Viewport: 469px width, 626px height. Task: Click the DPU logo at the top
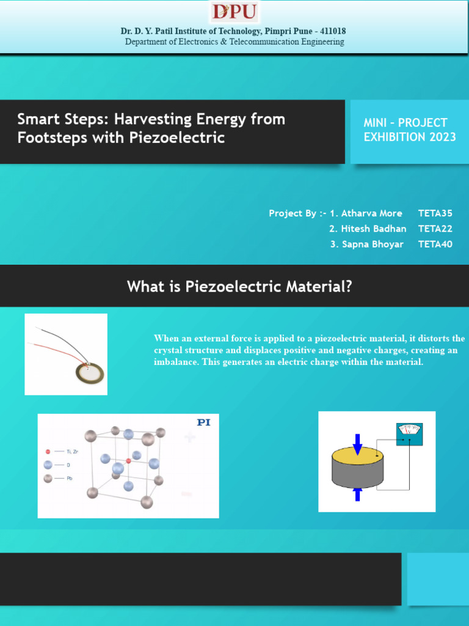[x=234, y=12]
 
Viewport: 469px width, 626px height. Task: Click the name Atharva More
[x=371, y=213]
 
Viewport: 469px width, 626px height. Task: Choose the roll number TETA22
[x=435, y=229]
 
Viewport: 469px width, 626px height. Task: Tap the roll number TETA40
[x=435, y=244]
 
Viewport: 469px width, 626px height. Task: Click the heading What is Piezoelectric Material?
[x=239, y=286]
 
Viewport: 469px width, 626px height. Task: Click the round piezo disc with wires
[x=90, y=372]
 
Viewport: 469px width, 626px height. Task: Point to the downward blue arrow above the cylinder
[x=357, y=443]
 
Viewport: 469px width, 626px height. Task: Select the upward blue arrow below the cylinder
[x=357, y=494]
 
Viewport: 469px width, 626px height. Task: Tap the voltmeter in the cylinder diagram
[x=410, y=434]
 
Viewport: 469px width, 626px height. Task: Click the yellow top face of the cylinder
[x=358, y=456]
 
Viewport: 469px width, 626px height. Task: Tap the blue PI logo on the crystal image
[x=203, y=422]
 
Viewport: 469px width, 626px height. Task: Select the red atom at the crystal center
[x=128, y=460]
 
